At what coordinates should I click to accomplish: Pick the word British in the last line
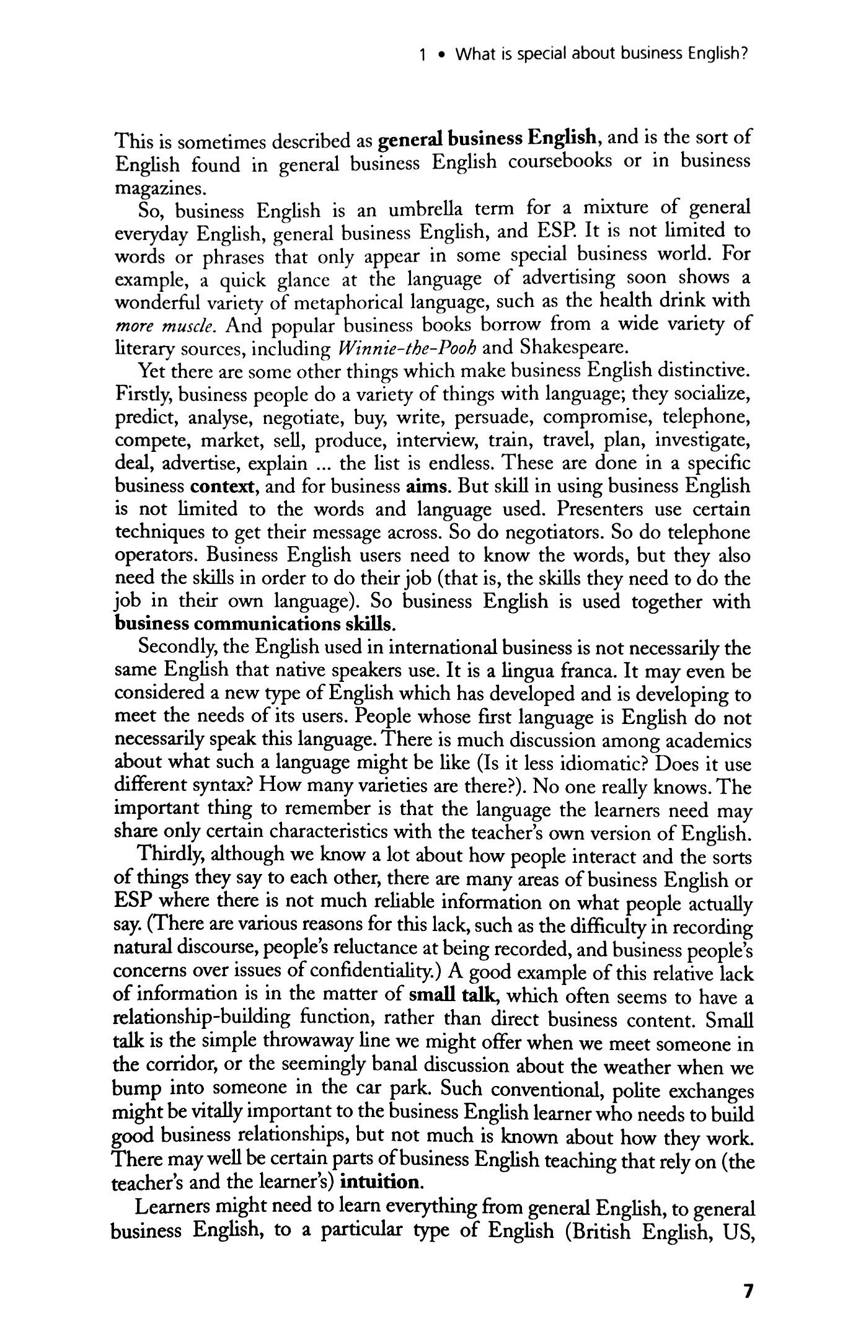[599, 1230]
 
